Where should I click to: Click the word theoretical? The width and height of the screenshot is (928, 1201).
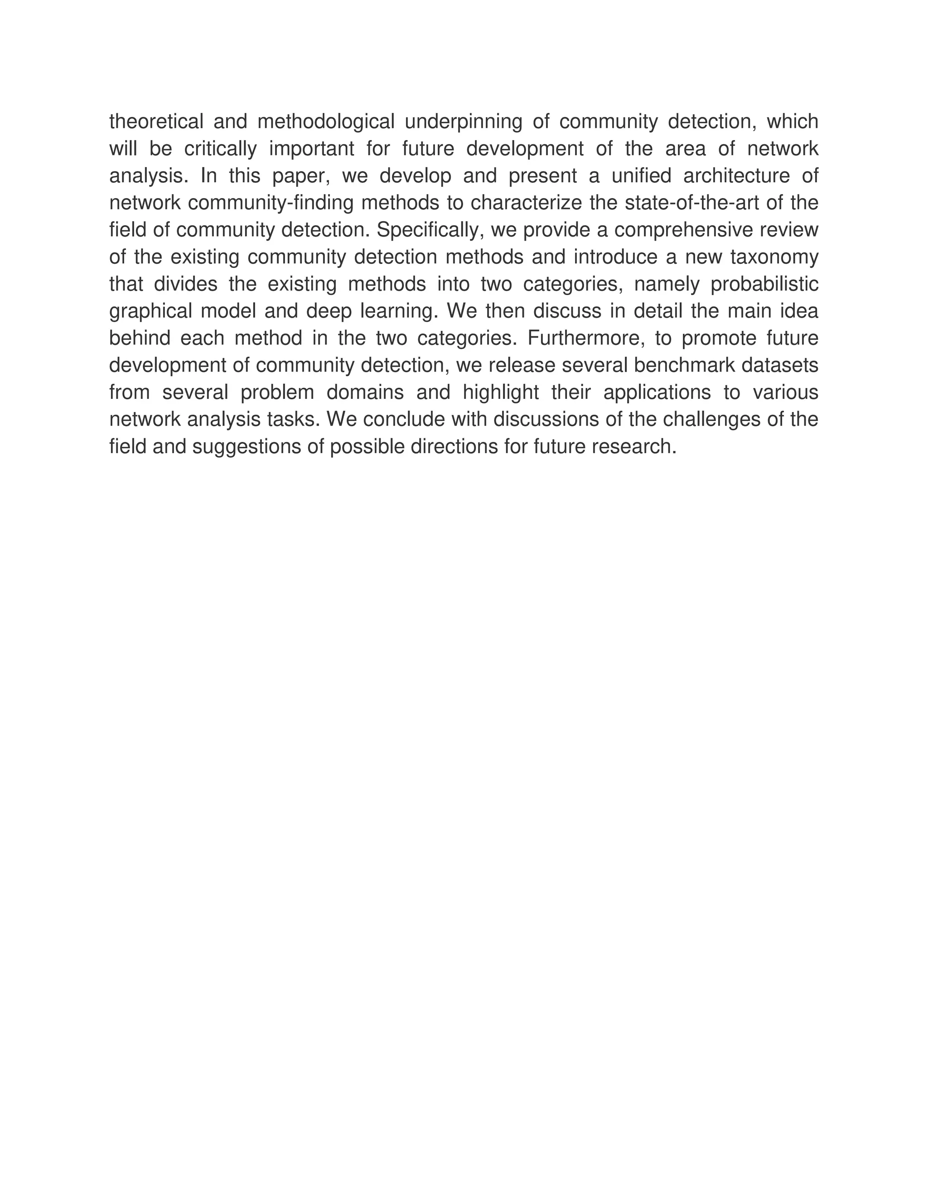(156, 121)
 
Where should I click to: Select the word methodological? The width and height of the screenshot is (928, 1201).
(325, 121)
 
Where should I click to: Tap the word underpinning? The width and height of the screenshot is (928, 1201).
(463, 121)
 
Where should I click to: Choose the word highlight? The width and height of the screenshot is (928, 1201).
(500, 392)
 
